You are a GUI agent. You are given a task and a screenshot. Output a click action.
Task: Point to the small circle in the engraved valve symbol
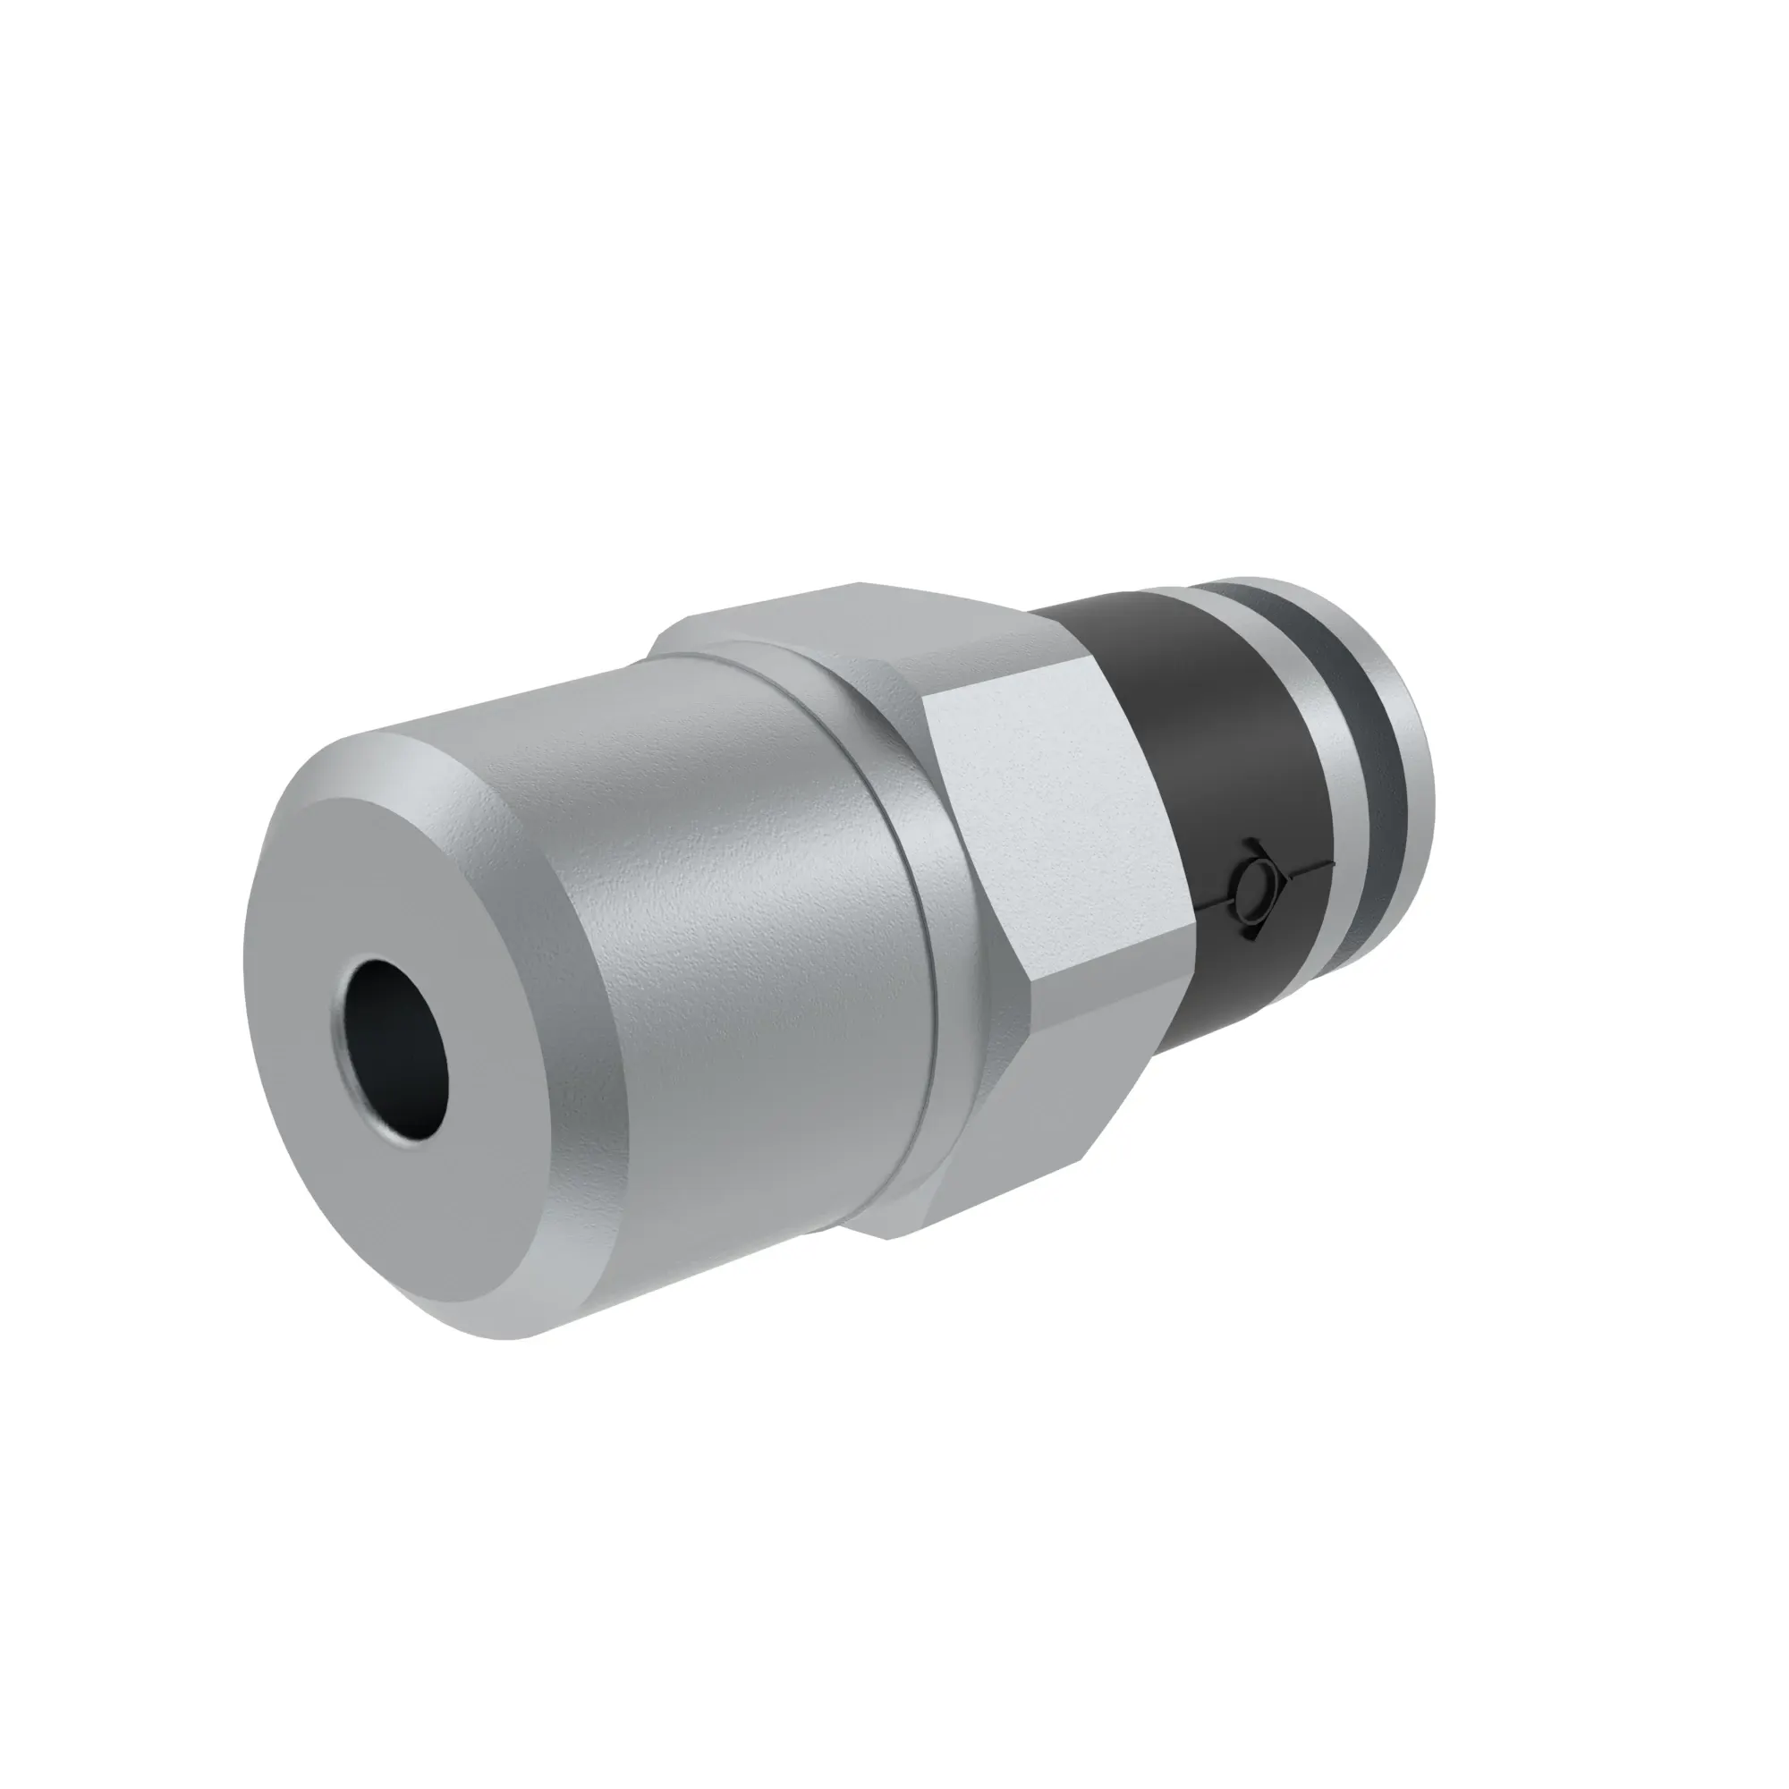point(1249,876)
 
